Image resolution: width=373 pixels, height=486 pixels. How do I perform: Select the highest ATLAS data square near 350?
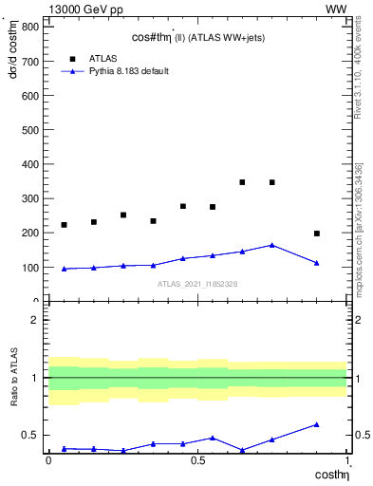pyautogui.click(x=242, y=182)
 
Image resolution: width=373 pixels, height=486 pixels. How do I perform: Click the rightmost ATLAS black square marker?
pyautogui.click(x=317, y=234)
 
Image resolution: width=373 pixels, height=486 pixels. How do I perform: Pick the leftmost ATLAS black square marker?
pyautogui.click(x=64, y=225)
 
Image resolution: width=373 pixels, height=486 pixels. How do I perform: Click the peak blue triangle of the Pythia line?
pyautogui.click(x=272, y=245)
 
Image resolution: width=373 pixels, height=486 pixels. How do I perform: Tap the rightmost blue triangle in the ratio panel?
pyautogui.click(x=317, y=424)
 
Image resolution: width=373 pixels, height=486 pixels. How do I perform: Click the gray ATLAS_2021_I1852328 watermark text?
pyautogui.click(x=197, y=284)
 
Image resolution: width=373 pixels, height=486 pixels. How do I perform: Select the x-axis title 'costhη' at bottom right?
pyautogui.click(x=331, y=474)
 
